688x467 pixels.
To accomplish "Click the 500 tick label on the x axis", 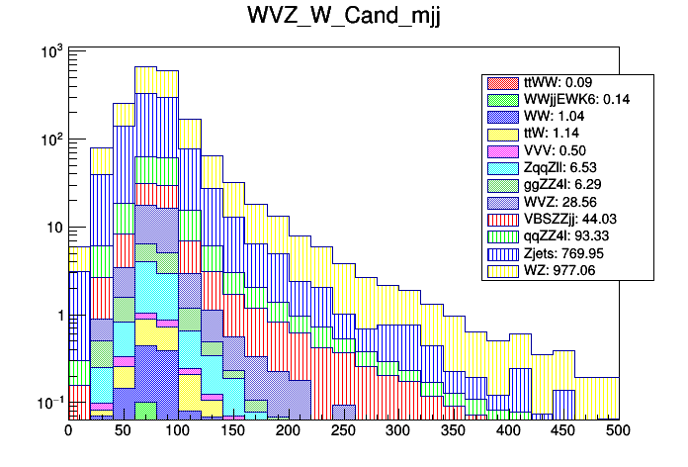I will point(619,430).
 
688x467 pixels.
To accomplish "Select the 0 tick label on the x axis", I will point(68,430).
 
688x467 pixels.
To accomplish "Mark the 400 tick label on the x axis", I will point(508,430).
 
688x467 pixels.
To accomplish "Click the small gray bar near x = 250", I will point(343,412).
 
